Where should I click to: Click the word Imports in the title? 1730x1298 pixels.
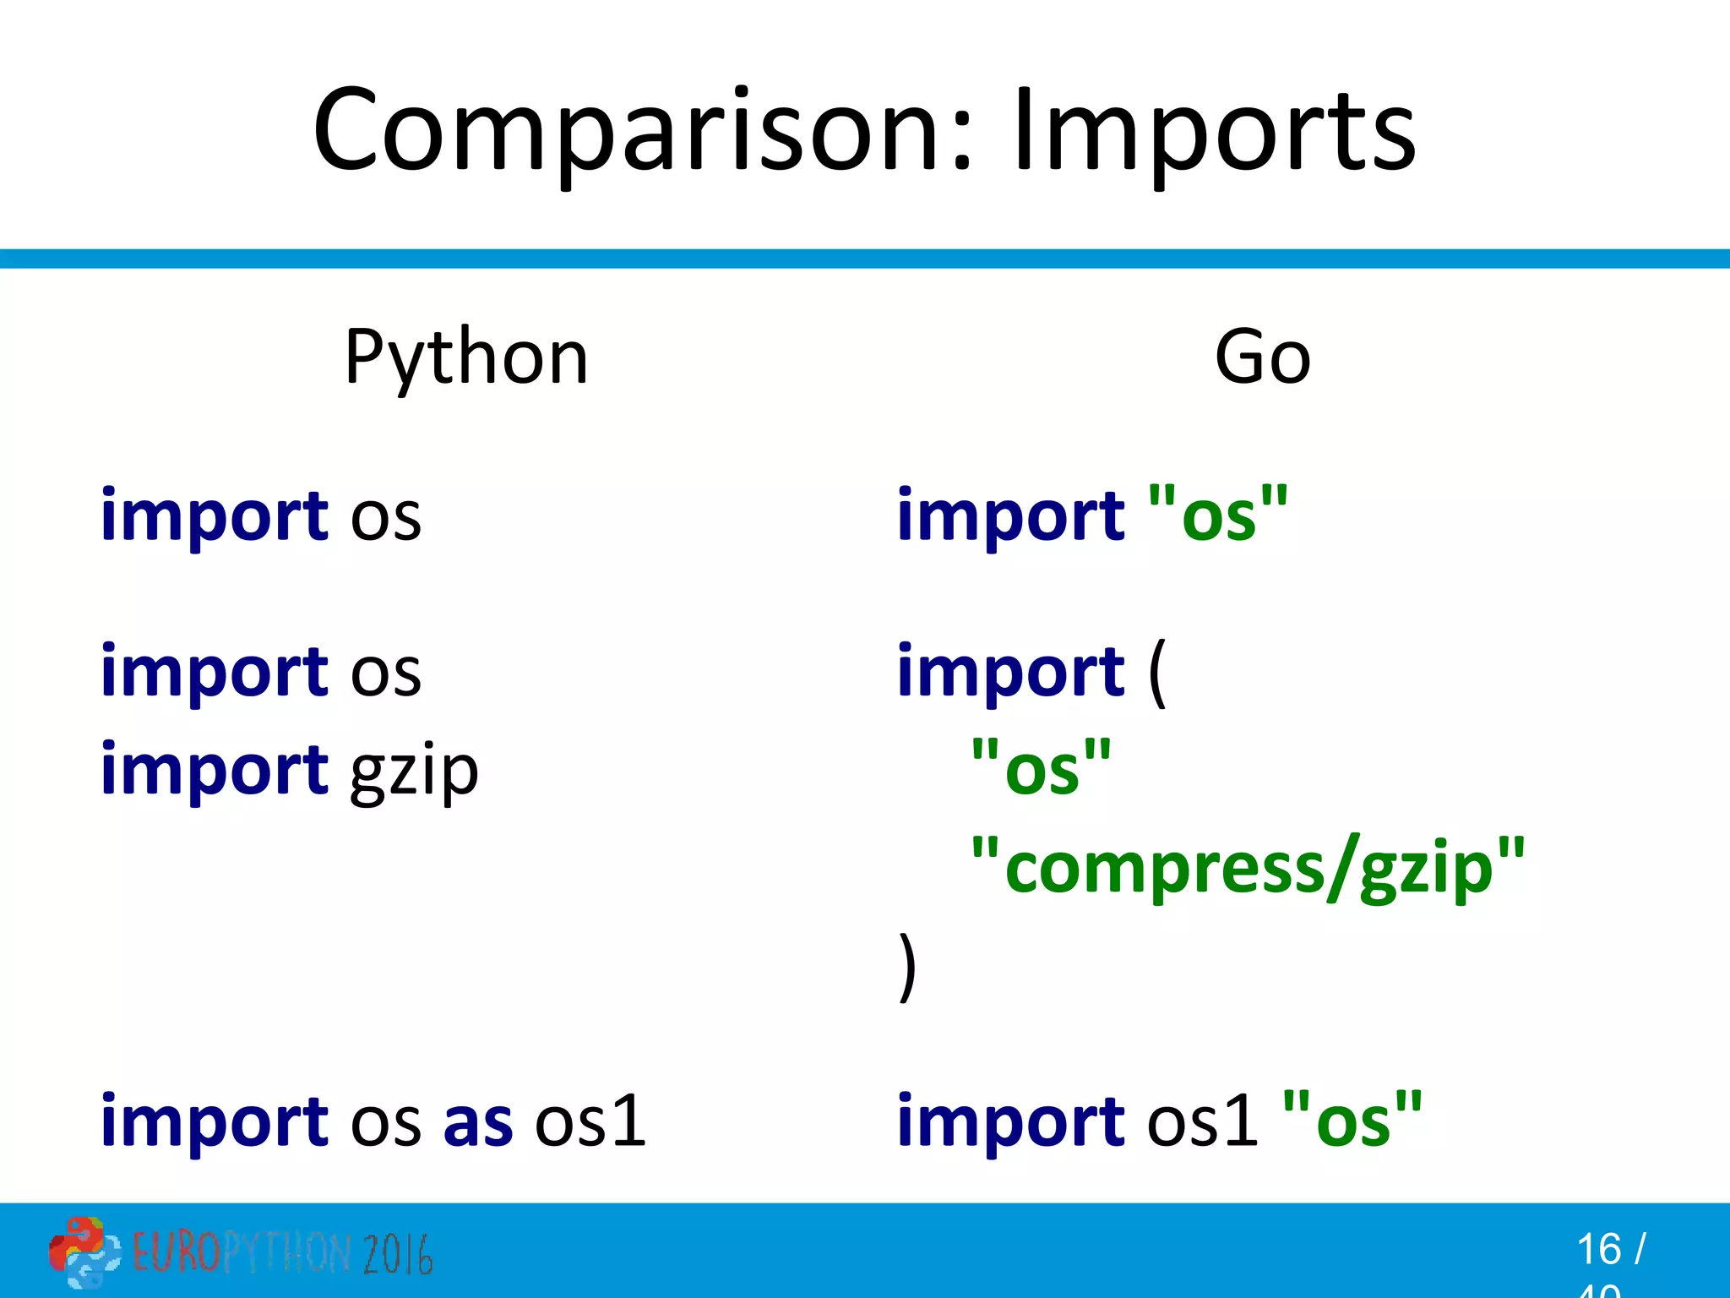1214,131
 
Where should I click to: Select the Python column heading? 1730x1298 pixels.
466,358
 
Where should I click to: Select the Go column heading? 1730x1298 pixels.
1262,358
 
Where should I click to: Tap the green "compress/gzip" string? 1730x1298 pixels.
1248,868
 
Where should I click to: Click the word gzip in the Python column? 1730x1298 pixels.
414,772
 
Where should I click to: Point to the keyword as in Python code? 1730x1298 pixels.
478,1122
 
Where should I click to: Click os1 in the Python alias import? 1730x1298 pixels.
590,1122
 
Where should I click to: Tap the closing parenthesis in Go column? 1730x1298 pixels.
906,966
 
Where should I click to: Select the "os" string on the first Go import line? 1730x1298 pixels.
1218,515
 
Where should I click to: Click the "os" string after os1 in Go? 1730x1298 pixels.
1352,1122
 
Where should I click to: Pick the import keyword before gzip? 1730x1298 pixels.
215,770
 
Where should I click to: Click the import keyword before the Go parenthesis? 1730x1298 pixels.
1010,674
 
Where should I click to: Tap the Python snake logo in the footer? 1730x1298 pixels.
84,1252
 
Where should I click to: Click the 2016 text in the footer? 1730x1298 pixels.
398,1254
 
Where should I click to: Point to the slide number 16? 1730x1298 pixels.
1598,1249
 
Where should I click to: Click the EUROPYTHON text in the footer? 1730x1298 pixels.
241,1253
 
